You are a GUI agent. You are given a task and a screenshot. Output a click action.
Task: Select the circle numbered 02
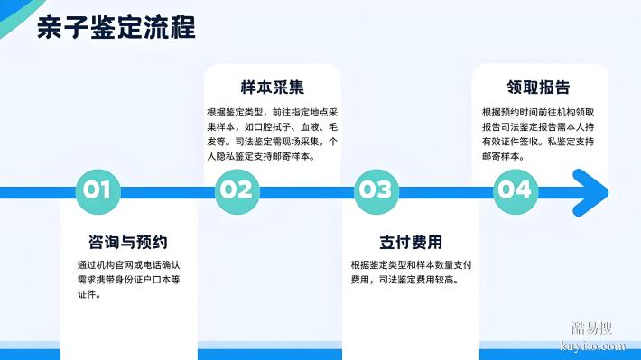tap(237, 190)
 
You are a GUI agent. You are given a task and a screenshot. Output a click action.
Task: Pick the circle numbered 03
tap(376, 190)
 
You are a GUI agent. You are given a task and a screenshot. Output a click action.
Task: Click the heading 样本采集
tap(272, 88)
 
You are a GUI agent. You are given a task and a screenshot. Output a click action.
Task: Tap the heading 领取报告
tap(538, 88)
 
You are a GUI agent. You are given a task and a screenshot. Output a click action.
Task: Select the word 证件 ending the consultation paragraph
tap(88, 294)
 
